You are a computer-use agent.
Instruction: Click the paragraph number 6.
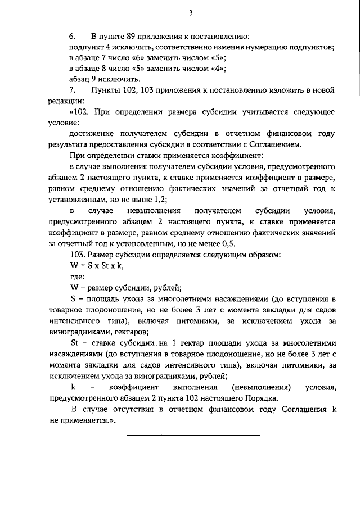[72, 37]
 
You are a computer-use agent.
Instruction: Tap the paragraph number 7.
[72, 90]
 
